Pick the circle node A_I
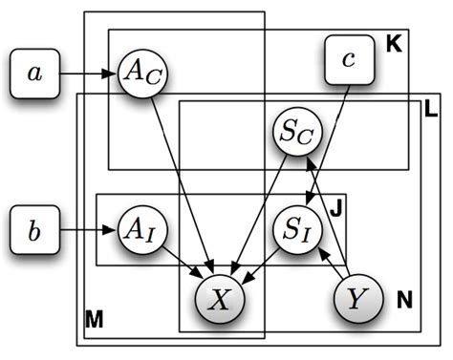point(140,229)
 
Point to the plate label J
point(334,206)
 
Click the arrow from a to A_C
point(91,72)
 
